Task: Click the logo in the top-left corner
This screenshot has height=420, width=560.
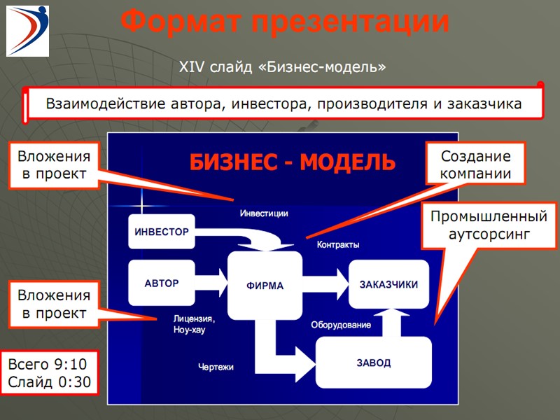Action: [28, 30]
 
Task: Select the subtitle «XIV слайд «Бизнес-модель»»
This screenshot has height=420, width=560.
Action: [283, 67]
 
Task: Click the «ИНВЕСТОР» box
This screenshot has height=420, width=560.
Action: [161, 232]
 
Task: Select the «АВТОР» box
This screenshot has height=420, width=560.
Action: [161, 283]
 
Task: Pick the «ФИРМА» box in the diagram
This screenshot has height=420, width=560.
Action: [265, 286]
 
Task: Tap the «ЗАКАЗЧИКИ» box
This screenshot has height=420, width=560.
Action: [388, 285]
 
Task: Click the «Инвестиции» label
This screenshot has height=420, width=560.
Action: [264, 213]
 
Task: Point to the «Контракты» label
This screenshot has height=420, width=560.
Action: [338, 245]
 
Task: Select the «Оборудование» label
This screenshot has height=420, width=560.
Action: [341, 325]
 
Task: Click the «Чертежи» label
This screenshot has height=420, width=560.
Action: [216, 367]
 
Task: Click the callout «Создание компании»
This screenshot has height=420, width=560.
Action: [476, 165]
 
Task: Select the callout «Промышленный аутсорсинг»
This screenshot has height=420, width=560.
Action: [488, 225]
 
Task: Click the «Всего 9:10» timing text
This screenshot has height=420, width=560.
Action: [48, 365]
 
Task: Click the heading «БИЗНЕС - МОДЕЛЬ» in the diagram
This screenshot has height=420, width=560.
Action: [292, 163]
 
